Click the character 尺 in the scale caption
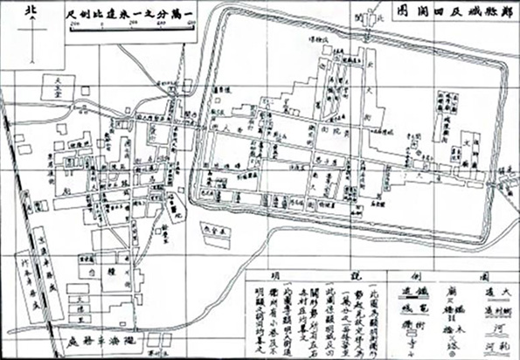click(x=69, y=15)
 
